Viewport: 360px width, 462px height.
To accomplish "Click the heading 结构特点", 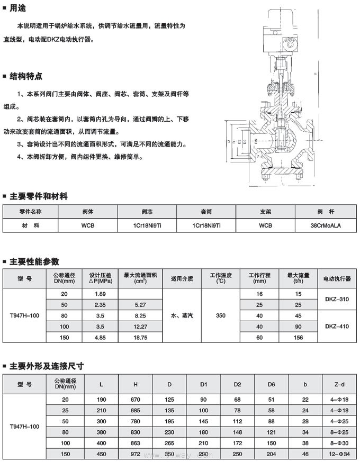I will pos(26,76).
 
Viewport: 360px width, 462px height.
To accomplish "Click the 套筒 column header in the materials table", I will pos(206,211).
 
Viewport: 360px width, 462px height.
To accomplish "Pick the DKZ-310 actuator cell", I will pos(337,299).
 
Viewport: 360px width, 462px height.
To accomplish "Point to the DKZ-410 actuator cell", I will pos(337,327).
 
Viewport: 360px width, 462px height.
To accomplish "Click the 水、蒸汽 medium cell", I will pos(182,315).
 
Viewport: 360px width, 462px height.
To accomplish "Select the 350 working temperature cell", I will pos(221,315).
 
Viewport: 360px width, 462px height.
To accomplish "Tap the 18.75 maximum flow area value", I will pos(140,338).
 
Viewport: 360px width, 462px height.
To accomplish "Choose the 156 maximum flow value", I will pos(298,338).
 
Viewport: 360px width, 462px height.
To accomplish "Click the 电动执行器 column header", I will pos(337,278).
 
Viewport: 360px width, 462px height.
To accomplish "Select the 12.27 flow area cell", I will pos(140,327).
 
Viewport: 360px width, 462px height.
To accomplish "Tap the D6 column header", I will pos(271,384).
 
